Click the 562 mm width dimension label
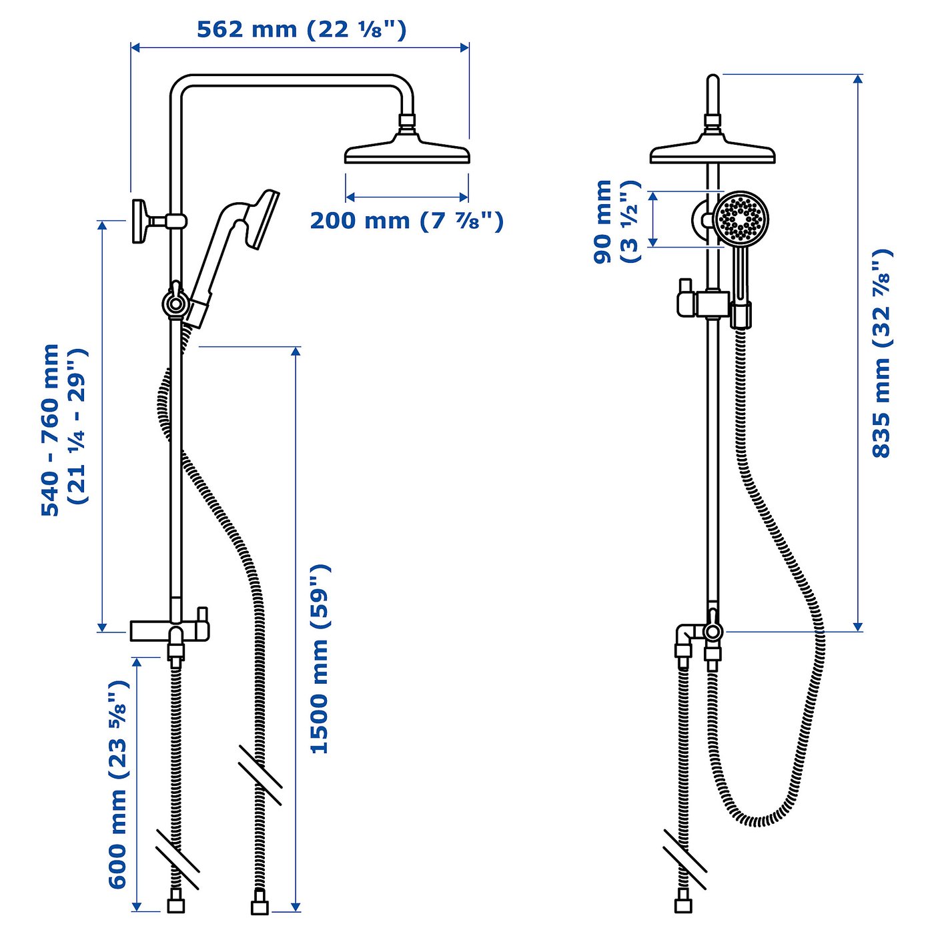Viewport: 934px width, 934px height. tap(301, 30)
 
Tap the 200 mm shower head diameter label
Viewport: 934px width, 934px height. tap(406, 220)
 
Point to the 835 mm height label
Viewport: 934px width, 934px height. tap(882, 353)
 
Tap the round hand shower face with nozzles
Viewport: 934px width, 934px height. tap(741, 217)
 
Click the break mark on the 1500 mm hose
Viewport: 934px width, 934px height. tap(260, 774)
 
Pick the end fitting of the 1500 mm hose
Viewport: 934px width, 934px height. tap(259, 907)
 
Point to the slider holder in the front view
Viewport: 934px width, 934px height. tap(713, 304)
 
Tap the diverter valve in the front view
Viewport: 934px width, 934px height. tap(712, 630)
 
